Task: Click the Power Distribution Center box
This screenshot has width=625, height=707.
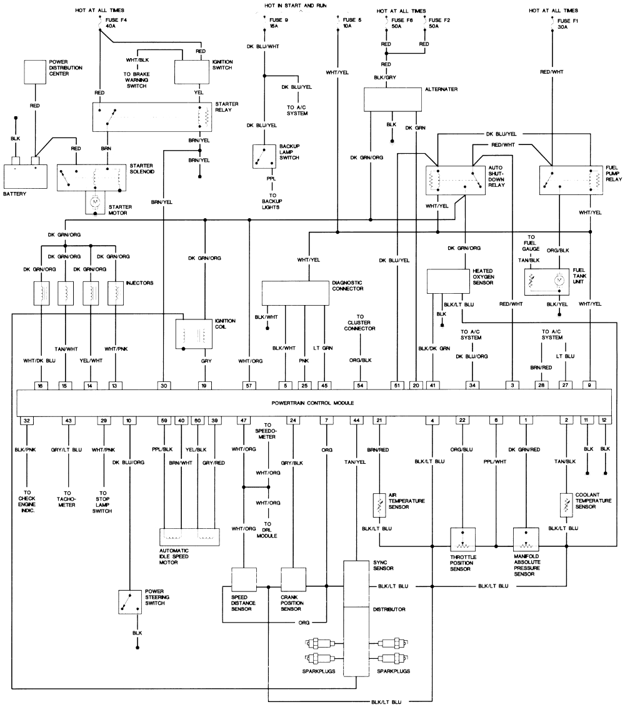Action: pyautogui.click(x=35, y=72)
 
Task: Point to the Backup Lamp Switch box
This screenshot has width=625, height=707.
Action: pyautogui.click(x=264, y=156)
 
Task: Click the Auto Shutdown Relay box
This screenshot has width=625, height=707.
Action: pyautogui.click(x=455, y=181)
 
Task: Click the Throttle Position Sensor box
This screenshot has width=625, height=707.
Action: pyautogui.click(x=462, y=538)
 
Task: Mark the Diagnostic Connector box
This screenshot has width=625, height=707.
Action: pyautogui.click(x=294, y=293)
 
